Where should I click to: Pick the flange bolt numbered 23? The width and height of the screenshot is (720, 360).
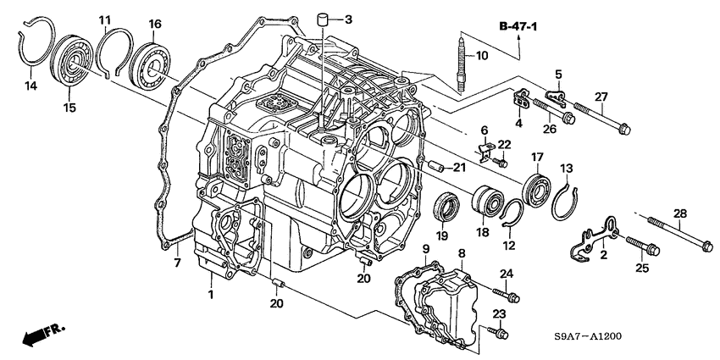point(497,333)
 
